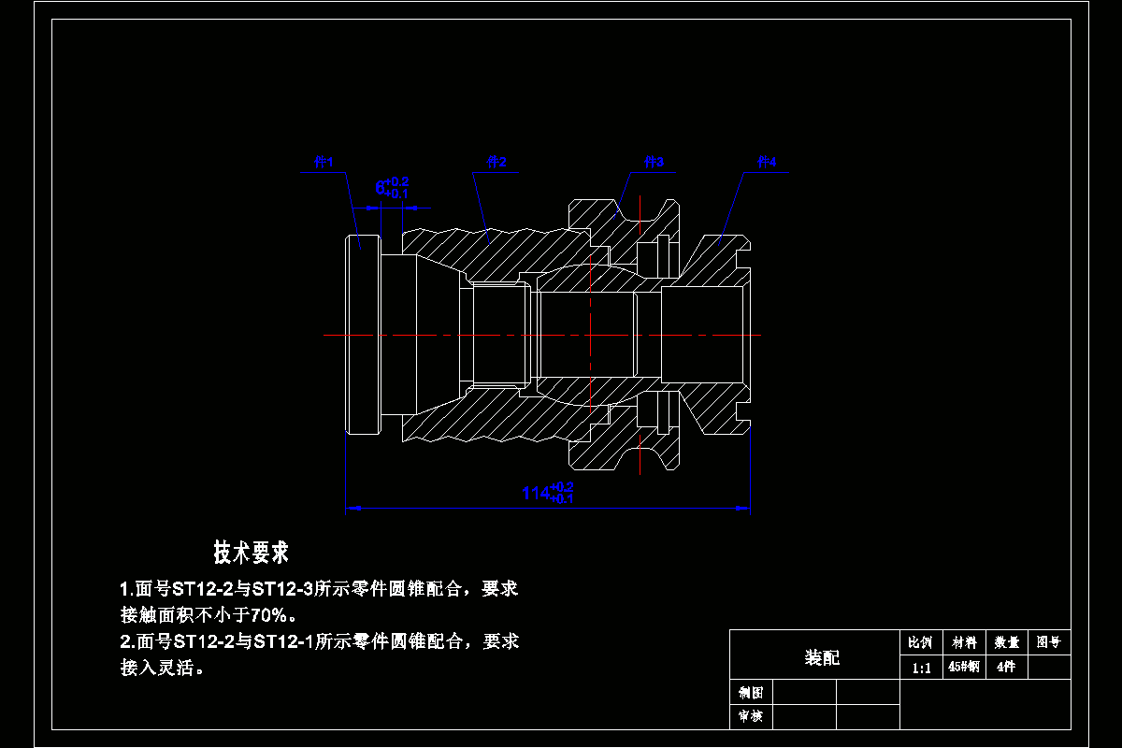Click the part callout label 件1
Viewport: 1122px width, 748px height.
click(x=324, y=162)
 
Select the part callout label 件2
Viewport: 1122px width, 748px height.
click(x=496, y=162)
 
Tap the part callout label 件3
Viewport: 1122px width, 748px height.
click(x=654, y=162)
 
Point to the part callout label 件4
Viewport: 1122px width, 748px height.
click(x=767, y=162)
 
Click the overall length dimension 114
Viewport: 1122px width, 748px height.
click(x=536, y=493)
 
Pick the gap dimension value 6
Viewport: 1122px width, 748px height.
click(x=381, y=188)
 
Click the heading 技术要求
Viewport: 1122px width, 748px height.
click(x=252, y=553)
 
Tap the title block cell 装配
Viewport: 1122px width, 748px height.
click(x=822, y=658)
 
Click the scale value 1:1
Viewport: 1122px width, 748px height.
click(x=921, y=668)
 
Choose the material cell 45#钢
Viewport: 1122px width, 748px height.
click(x=963, y=668)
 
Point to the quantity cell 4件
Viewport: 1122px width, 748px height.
click(x=1006, y=668)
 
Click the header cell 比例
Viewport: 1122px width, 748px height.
click(x=921, y=643)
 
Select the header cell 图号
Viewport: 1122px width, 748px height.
click(x=1049, y=643)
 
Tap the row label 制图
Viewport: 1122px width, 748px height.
click(x=751, y=693)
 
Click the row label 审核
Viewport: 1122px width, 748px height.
click(x=751, y=717)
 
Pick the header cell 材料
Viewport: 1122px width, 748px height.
click(x=963, y=643)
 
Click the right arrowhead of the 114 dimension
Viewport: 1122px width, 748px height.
click(x=745, y=509)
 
